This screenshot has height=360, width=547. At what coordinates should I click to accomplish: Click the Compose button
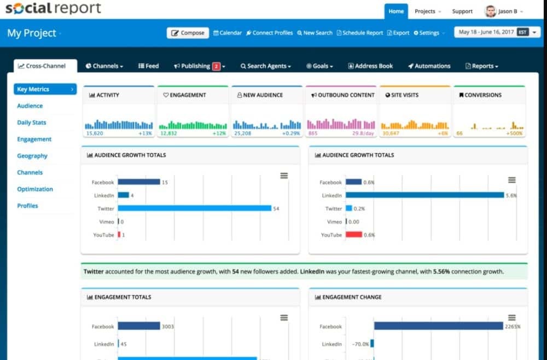[x=188, y=33]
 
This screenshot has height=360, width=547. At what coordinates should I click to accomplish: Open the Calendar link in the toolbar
[x=228, y=33]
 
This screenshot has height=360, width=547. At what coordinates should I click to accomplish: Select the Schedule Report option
[x=360, y=33]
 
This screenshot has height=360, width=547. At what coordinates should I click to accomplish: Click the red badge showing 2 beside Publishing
[x=216, y=66]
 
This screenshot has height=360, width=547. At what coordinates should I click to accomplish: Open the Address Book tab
[x=370, y=66]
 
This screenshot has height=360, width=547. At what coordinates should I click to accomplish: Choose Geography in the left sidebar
[x=32, y=156]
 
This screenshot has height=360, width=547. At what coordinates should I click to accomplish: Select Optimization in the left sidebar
[x=35, y=189]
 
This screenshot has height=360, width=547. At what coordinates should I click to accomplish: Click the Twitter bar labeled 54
[x=194, y=208]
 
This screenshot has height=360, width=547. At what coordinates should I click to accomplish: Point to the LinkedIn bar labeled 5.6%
[x=424, y=195]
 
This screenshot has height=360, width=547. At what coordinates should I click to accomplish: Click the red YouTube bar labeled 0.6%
[x=354, y=235]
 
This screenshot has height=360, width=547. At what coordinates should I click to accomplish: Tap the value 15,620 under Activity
[x=95, y=133]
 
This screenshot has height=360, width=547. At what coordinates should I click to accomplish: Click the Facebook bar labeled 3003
[x=139, y=327]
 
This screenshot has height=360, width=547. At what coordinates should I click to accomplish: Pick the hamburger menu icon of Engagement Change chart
[x=511, y=318]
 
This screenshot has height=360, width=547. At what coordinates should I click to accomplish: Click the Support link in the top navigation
[x=462, y=11]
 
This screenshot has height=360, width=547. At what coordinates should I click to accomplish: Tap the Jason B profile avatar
[x=490, y=11]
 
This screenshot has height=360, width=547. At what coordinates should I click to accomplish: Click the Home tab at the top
[x=396, y=11]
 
